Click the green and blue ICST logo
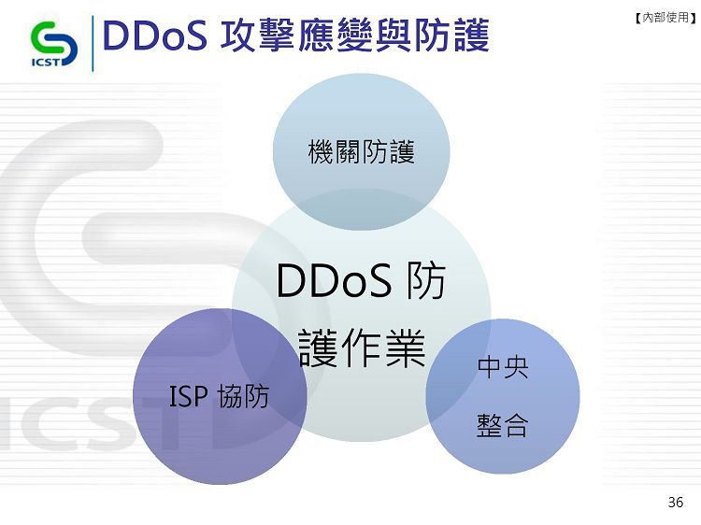pyautogui.click(x=54, y=44)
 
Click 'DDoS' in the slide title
pyautogui.click(x=154, y=35)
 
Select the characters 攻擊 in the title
pyautogui.click(x=257, y=35)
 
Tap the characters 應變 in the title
pyautogui.click(x=335, y=35)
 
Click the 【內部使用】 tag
pyautogui.click(x=665, y=18)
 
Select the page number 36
pyautogui.click(x=675, y=502)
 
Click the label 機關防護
pyautogui.click(x=361, y=152)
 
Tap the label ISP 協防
pyautogui.click(x=219, y=396)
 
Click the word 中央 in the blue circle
pyautogui.click(x=503, y=367)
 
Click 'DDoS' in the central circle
pyautogui.click(x=334, y=280)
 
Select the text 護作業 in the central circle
pyautogui.click(x=361, y=348)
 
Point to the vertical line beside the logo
pyautogui.click(x=93, y=43)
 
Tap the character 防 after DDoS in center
pyautogui.click(x=425, y=280)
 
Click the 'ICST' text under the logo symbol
pyautogui.click(x=45, y=62)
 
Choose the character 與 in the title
pyautogui.click(x=393, y=35)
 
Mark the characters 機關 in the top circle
pyautogui.click(x=335, y=152)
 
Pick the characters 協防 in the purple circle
pyautogui.click(x=244, y=396)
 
